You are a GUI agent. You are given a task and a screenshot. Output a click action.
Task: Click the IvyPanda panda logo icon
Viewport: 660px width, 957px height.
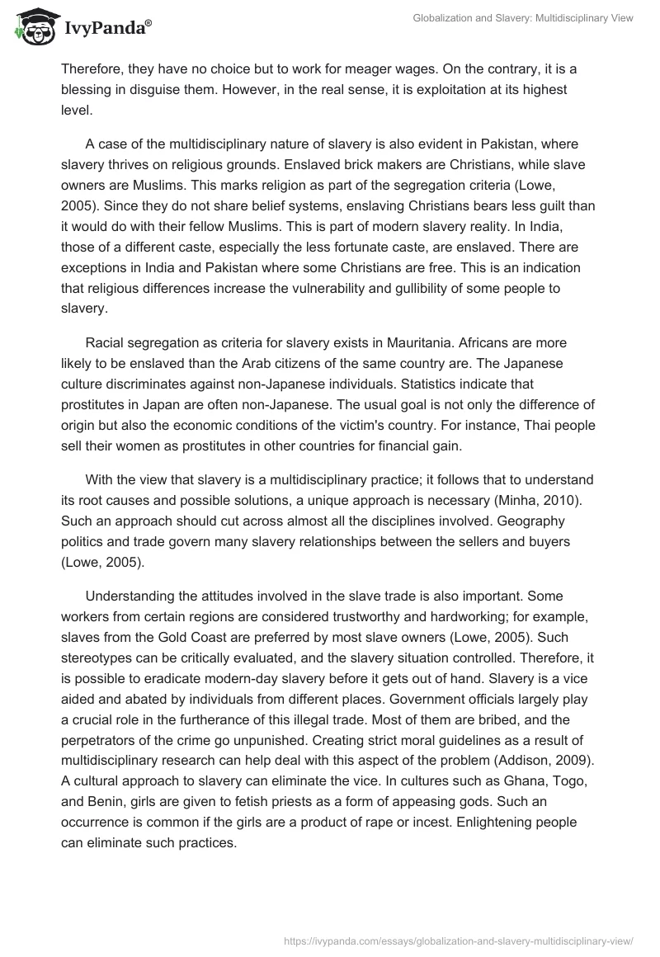pyautogui.click(x=31, y=26)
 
